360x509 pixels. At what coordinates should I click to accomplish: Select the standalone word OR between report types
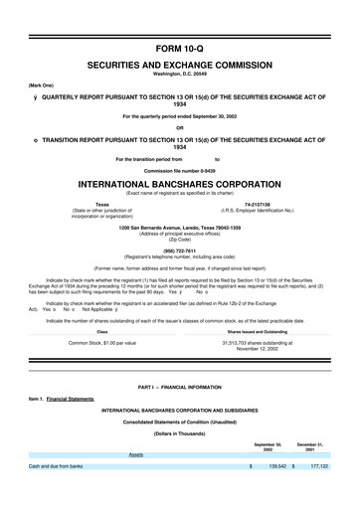pos(179,127)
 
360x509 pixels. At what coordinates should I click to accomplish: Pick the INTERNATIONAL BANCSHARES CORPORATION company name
pos(179,185)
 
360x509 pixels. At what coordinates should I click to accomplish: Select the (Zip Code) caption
pos(179,240)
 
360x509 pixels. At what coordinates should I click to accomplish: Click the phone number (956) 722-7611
pos(179,252)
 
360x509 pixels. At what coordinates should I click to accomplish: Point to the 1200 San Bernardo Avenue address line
pos(179,228)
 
